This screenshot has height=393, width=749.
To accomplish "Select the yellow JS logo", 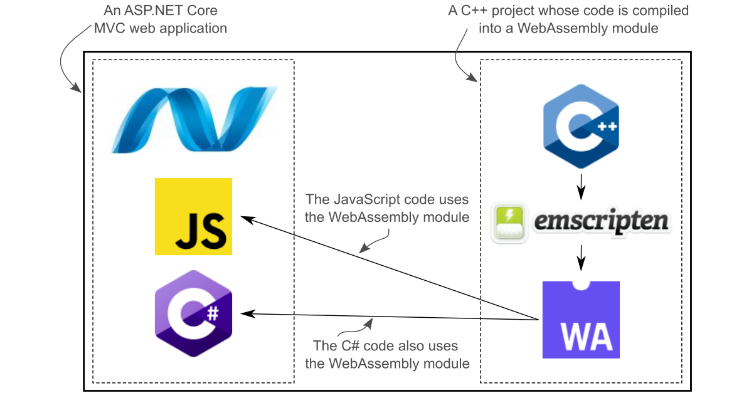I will point(193,216).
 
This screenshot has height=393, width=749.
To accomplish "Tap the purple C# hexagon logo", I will point(193,313).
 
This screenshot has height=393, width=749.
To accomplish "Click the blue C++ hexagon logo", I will point(581,126).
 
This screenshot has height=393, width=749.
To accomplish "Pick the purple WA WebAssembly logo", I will point(581,320).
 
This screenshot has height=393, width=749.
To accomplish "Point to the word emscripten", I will point(601,223).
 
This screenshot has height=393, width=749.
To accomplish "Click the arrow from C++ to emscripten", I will point(581,185).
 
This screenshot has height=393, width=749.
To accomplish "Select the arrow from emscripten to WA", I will point(581,257).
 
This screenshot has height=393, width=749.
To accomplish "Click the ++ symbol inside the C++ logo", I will point(607,127).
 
